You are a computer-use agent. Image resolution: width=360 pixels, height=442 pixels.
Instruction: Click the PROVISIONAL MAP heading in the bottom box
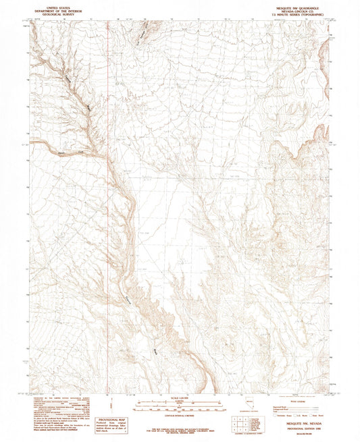click(113, 420)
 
